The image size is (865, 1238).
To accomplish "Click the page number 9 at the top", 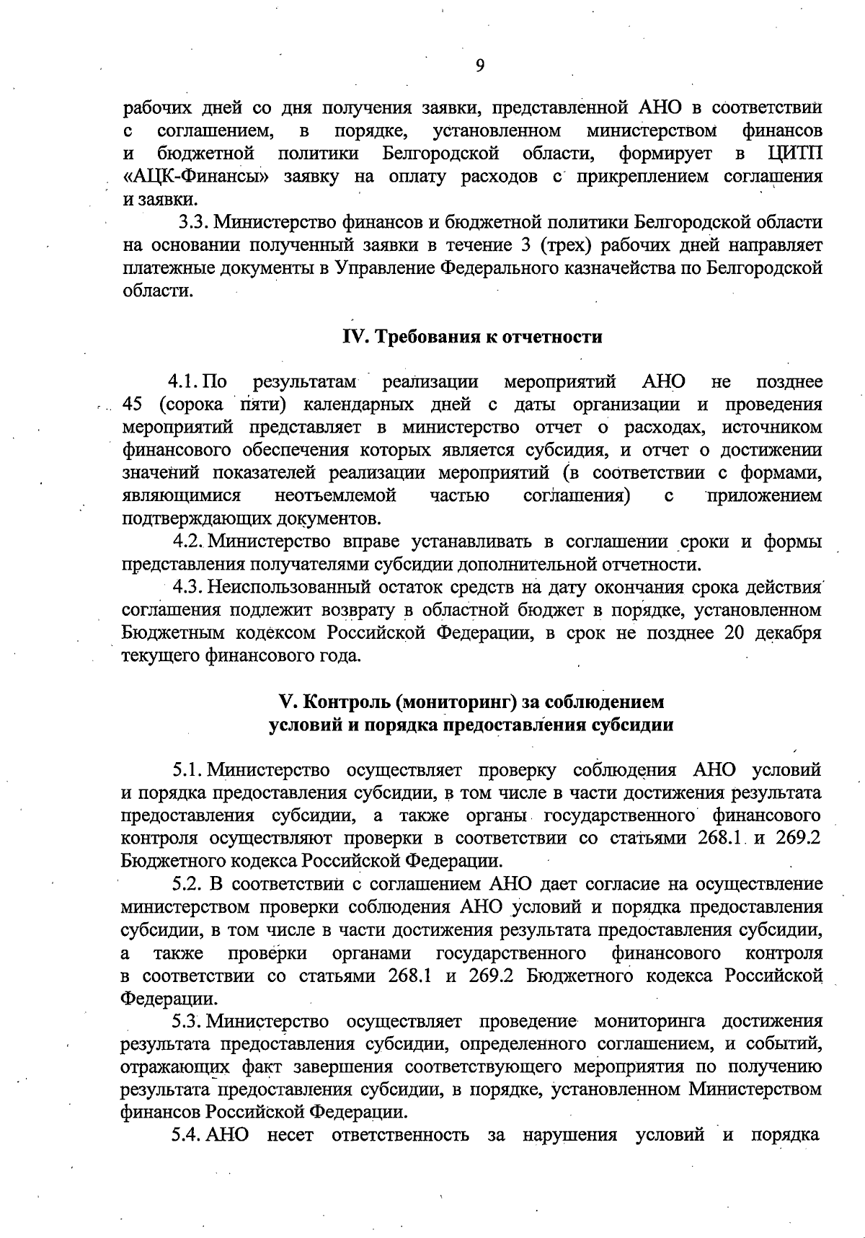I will pos(480,66).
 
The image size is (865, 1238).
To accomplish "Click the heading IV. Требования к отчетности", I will pos(471,337).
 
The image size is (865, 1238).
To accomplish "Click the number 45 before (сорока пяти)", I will pos(135,404).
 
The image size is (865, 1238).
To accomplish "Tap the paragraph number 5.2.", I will pos(188,884).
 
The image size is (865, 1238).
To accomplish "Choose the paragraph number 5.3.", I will pos(188,1022).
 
